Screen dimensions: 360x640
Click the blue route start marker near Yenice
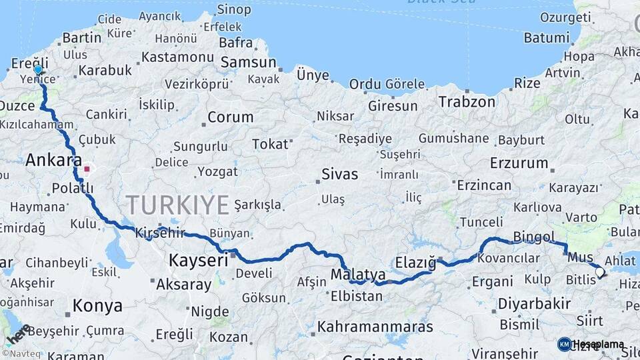pyautogui.click(x=38, y=70)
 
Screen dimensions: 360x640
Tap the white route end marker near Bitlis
pyautogui.click(x=599, y=272)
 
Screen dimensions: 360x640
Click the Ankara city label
pyautogui.click(x=53, y=161)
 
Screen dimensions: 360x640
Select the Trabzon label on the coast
pyautogui.click(x=467, y=102)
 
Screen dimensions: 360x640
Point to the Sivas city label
pyautogui.click(x=339, y=175)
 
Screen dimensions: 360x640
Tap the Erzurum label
pyautogui.click(x=519, y=163)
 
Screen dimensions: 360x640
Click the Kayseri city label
pyautogui.click(x=199, y=260)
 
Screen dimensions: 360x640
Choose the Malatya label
pyautogui.click(x=358, y=274)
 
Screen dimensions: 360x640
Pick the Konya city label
pyautogui.click(x=97, y=306)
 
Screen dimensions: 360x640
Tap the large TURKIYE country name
pyautogui.click(x=177, y=205)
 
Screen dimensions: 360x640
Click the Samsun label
pyautogui.click(x=248, y=63)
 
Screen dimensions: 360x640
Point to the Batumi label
pyautogui.click(x=546, y=38)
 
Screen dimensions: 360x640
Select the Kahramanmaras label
pyautogui.click(x=375, y=327)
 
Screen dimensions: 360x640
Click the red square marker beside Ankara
pyautogui.click(x=87, y=169)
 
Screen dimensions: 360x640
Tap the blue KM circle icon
pyautogui.click(x=564, y=344)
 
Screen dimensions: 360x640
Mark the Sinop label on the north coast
pyautogui.click(x=234, y=10)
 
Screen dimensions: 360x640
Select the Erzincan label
pyautogui.click(x=485, y=185)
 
